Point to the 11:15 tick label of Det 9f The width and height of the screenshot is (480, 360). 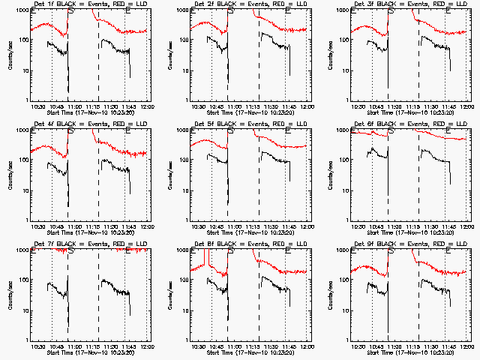pos(417,347)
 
